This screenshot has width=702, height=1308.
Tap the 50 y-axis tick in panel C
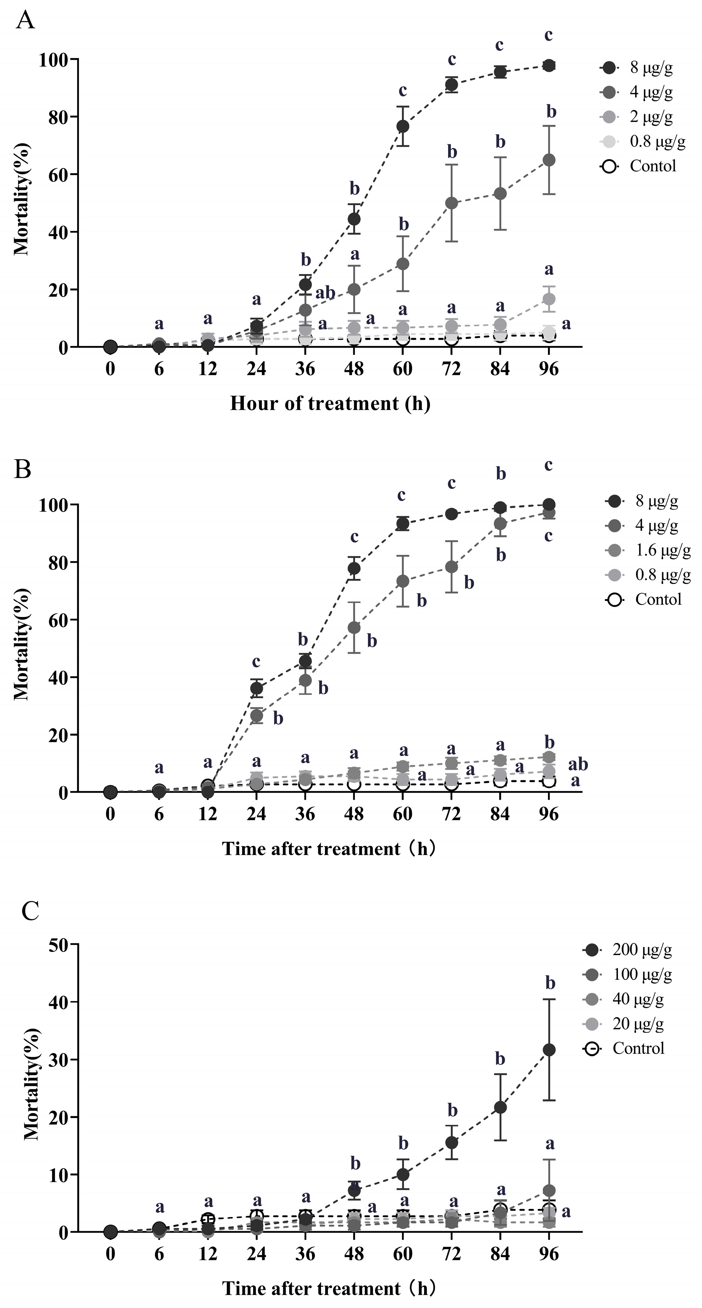point(60,944)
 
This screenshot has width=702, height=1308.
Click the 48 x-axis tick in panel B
point(354,814)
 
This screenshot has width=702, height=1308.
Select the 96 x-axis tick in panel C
point(549,1255)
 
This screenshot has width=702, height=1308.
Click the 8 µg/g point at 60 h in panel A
point(403,126)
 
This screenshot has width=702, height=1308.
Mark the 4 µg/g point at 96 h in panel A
point(549,160)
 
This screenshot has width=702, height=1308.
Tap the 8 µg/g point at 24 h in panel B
point(256,688)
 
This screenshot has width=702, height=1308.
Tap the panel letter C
point(31,911)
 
